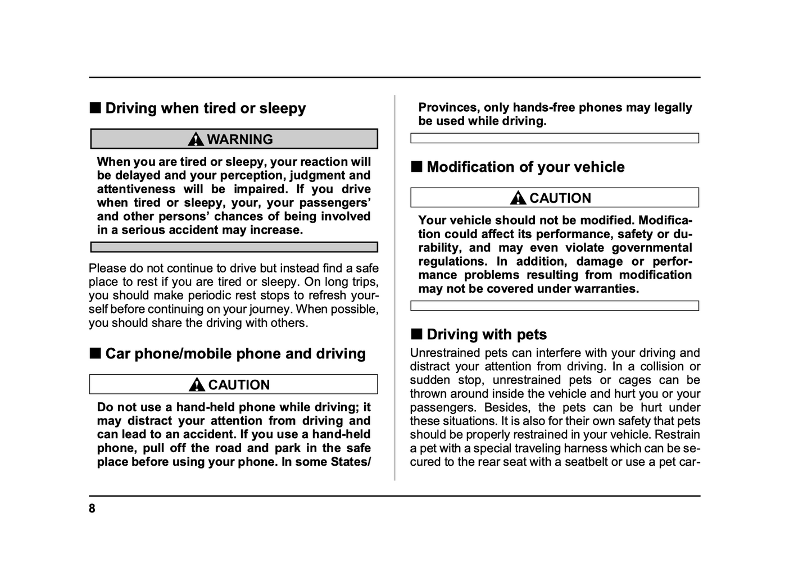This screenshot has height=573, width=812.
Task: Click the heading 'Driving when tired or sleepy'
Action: point(205,108)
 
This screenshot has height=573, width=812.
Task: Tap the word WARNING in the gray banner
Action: point(240,139)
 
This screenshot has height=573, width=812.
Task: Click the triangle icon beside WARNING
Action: point(196,139)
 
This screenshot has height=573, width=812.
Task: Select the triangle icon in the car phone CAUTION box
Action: point(197,385)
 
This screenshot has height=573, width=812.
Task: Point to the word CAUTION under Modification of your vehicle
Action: point(560,198)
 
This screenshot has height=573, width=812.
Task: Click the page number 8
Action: point(92,509)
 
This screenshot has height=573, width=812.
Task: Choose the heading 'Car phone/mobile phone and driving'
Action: point(235,354)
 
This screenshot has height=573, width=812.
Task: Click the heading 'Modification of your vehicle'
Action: point(525,167)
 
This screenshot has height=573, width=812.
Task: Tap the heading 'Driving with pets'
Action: point(487,335)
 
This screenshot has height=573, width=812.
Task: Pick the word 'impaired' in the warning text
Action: point(260,189)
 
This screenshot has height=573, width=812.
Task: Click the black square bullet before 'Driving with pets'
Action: point(416,334)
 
